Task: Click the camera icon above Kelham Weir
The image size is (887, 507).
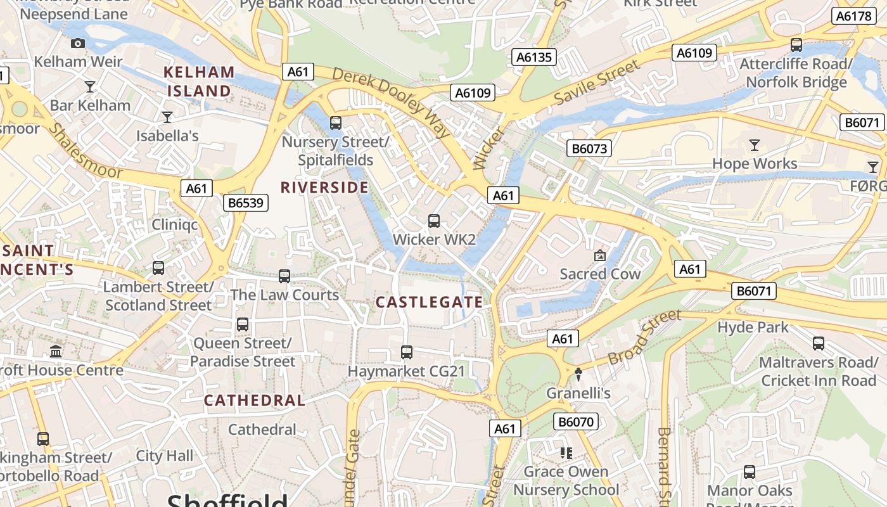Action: [x=78, y=43]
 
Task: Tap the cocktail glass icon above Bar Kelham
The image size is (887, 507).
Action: [x=89, y=86]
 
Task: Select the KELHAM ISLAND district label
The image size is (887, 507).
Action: [x=199, y=82]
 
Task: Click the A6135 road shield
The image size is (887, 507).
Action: [x=534, y=58]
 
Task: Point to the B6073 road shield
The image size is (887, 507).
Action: [x=589, y=149]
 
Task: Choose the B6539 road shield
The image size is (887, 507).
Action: [x=246, y=203]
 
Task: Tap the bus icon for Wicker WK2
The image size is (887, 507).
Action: [x=434, y=221]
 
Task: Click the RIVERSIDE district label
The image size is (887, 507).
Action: [x=324, y=188]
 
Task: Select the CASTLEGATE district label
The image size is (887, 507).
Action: [x=433, y=302]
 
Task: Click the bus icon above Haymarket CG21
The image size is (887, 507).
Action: [x=407, y=352]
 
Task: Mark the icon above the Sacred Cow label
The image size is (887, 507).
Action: [x=599, y=255]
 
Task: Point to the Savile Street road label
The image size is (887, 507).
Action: [x=597, y=82]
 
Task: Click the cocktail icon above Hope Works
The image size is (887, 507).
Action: [x=754, y=145]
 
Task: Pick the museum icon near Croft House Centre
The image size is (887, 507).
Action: [x=56, y=351]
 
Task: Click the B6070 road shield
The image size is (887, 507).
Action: [x=576, y=421]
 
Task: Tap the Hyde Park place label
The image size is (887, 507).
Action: [x=753, y=327]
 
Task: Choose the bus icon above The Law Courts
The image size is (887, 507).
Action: [x=284, y=276]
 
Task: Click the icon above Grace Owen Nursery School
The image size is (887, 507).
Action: [x=566, y=452]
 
